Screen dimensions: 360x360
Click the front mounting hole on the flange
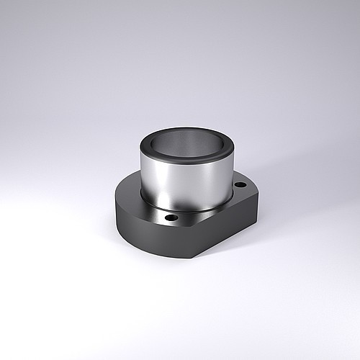[x=172, y=216]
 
